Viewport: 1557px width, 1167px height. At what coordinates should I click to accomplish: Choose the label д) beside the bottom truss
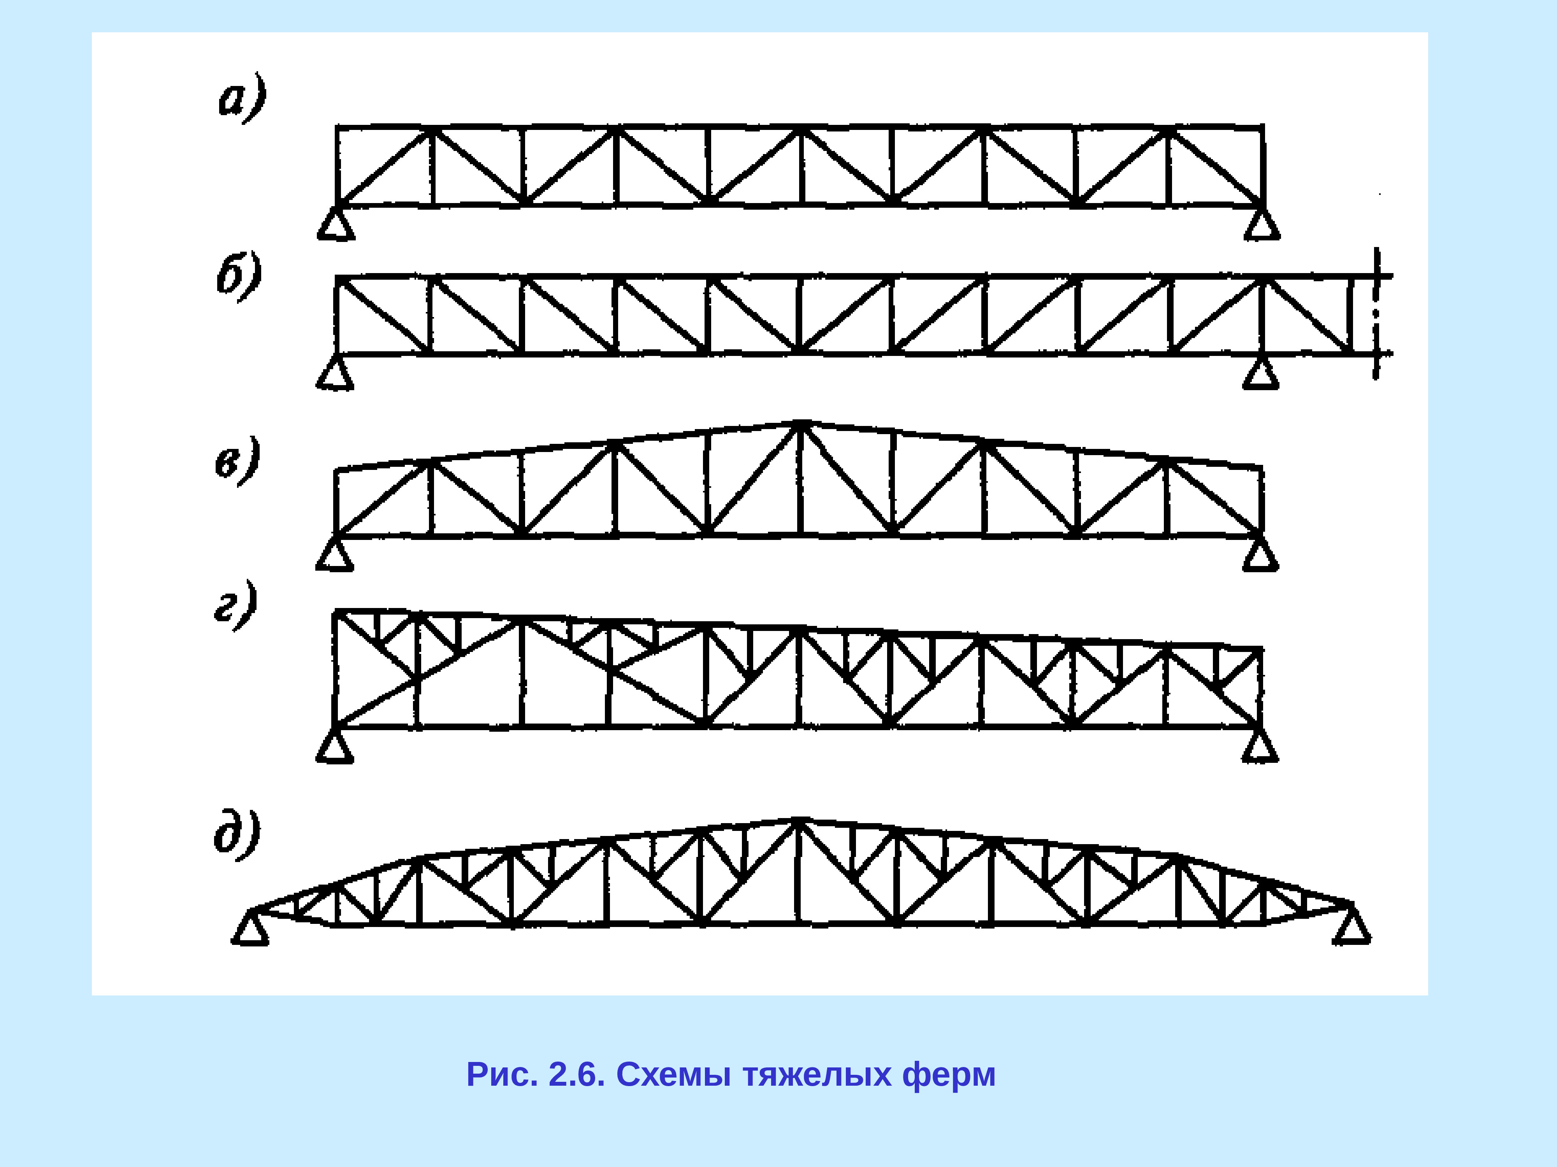(x=237, y=835)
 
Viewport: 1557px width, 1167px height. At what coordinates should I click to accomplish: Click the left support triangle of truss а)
(x=336, y=225)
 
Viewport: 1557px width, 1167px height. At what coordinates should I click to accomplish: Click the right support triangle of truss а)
(x=1262, y=225)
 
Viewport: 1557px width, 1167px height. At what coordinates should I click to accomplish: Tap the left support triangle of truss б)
(x=335, y=374)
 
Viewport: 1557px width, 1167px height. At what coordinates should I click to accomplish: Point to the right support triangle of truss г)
(x=1260, y=747)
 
